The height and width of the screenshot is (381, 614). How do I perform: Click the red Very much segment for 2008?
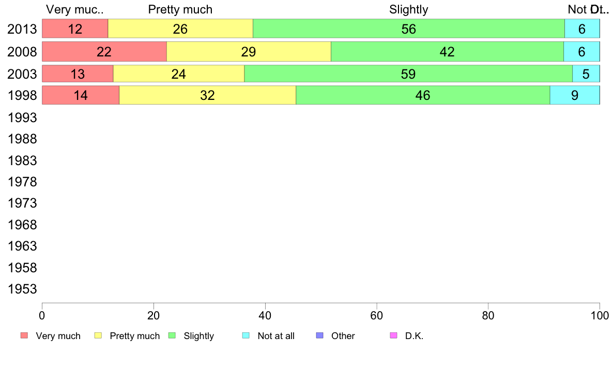104,52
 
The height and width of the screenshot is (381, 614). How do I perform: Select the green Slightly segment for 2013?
408,29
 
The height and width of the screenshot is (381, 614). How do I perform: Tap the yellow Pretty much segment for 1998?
207,95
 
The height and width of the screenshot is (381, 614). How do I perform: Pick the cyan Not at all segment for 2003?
586,74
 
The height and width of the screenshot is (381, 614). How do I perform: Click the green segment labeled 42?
447,52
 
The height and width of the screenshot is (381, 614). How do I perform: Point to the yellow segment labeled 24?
178,74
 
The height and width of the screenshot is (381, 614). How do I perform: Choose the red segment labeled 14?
81,95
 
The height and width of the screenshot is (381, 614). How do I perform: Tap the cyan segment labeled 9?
574,95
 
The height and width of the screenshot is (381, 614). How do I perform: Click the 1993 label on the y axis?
22,118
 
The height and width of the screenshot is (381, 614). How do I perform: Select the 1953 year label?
22,289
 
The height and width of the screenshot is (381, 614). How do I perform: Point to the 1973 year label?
22,203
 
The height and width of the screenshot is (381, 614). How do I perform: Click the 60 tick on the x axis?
377,315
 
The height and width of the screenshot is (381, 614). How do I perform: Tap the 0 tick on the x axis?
42,315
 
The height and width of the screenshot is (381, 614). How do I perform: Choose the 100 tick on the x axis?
600,315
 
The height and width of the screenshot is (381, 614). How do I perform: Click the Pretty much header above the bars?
180,9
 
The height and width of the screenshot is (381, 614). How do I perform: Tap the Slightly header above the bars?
408,9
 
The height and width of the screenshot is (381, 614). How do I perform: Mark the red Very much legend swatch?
24,335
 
